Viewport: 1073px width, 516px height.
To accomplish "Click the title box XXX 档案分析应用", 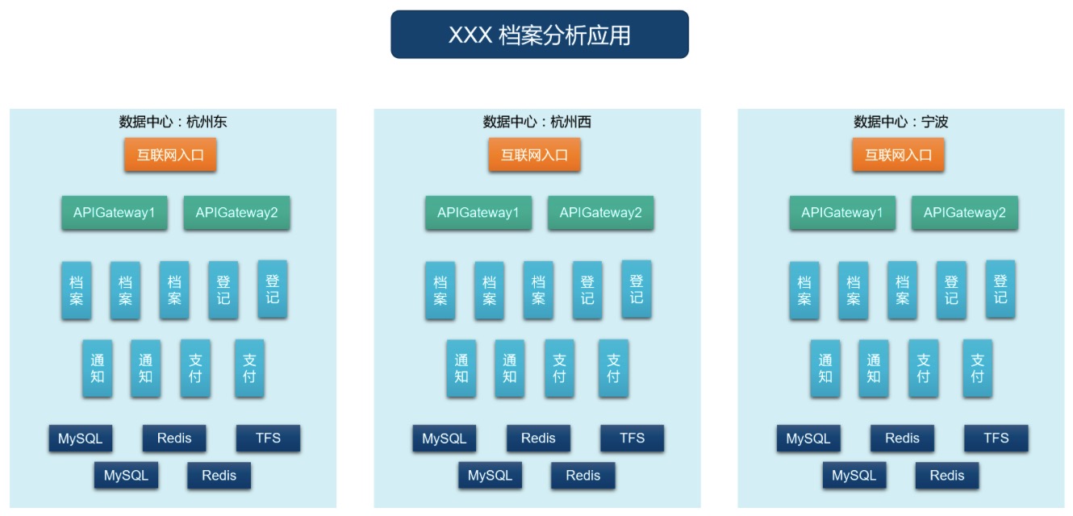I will [x=539, y=35].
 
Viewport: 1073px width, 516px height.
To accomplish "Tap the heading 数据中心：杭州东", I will [x=173, y=122].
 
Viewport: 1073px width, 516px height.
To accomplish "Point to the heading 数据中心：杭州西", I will [x=537, y=122].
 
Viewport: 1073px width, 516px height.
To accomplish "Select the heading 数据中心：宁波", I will [x=901, y=122].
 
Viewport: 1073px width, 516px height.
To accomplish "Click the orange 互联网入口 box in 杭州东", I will [x=170, y=155].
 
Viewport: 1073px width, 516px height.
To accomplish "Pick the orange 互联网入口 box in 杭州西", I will [x=534, y=155].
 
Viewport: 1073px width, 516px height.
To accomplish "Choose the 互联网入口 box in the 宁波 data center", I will [x=898, y=155].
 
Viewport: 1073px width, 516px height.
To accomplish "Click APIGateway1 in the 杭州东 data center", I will [x=115, y=213].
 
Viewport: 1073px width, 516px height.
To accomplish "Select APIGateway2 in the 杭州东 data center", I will [x=236, y=213].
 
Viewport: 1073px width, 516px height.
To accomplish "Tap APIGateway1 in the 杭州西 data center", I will [x=478, y=213].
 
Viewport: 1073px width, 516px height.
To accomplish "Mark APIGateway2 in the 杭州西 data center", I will [x=600, y=213].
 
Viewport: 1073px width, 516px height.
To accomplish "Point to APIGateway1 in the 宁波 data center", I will [x=842, y=213].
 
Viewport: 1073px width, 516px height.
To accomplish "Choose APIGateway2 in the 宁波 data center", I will [x=965, y=213].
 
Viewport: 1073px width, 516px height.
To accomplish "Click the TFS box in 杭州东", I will [x=268, y=439].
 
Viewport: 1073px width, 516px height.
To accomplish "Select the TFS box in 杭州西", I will [x=632, y=439].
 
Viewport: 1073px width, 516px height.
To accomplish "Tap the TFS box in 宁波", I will [x=996, y=439].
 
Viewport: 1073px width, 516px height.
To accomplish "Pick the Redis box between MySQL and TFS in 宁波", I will [x=902, y=439].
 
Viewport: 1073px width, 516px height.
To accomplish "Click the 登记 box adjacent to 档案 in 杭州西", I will [x=587, y=290].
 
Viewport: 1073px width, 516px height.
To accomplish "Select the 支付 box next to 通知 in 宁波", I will [x=923, y=368].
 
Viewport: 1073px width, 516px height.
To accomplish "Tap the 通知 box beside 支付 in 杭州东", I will [x=146, y=368].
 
